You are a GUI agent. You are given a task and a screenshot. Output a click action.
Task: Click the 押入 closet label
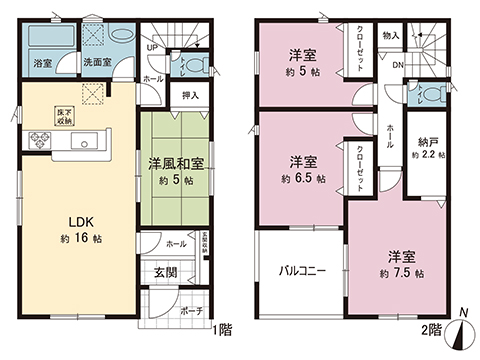pos(188,97)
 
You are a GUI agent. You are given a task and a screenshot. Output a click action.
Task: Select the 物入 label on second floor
pos(391,36)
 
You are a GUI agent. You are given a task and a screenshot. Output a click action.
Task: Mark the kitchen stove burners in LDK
pos(43,140)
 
